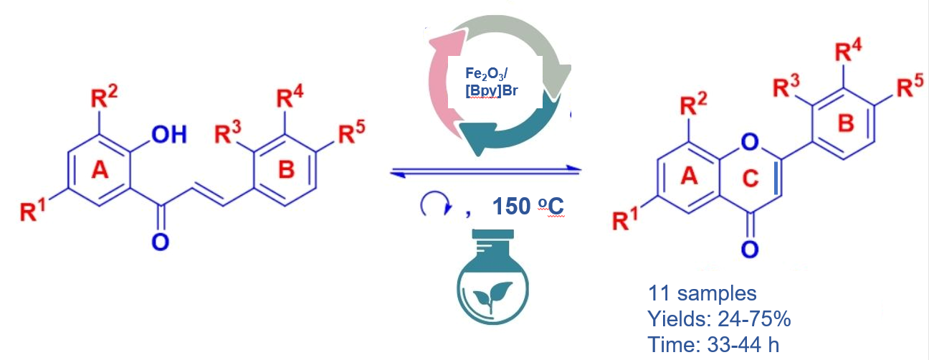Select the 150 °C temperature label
coord(526,206)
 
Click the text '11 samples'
coord(702,293)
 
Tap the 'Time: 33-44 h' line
coord(713,344)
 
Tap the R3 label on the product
coord(786,88)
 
